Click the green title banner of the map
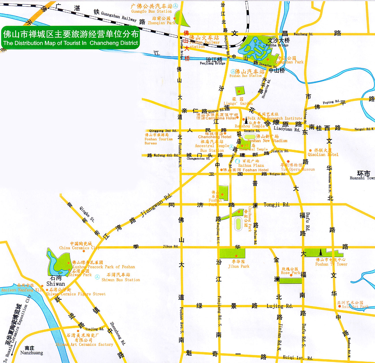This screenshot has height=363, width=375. (70, 38)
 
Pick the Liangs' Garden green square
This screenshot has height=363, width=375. (240, 91)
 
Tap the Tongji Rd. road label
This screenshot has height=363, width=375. (276, 204)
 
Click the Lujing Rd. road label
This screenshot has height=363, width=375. (280, 306)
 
